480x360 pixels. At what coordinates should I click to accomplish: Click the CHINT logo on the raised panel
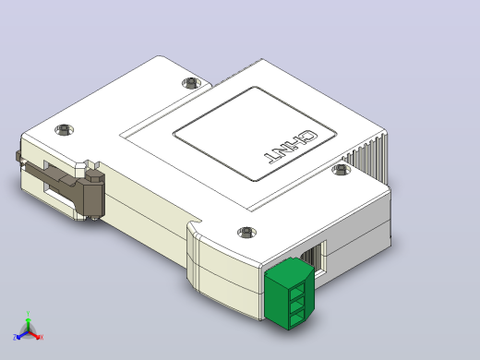(x=290, y=147)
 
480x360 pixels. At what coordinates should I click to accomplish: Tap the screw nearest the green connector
(x=247, y=232)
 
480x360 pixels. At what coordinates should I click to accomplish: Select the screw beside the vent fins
(x=342, y=169)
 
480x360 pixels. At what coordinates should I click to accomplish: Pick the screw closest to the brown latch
(x=64, y=129)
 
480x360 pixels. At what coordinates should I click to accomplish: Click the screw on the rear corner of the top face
(x=191, y=82)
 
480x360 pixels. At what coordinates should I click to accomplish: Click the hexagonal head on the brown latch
(x=95, y=175)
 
